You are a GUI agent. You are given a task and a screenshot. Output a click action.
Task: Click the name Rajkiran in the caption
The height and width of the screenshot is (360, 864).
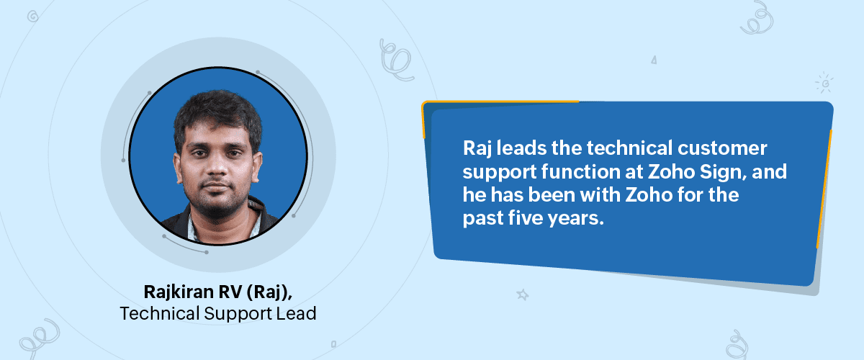179,292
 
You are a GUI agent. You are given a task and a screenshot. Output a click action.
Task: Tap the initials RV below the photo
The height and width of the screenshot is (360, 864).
230,292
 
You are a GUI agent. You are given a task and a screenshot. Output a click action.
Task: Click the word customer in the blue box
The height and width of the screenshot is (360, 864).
722,148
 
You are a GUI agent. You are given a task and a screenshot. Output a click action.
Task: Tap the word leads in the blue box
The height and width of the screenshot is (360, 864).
521,148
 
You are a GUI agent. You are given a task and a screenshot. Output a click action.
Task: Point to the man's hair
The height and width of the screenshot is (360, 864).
218,112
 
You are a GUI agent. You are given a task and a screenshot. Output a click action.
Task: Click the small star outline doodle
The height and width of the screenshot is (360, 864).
523,294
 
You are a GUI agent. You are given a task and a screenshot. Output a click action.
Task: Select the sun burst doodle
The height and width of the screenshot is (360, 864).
824,83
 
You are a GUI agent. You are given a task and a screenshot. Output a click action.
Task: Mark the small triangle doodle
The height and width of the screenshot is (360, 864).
654,60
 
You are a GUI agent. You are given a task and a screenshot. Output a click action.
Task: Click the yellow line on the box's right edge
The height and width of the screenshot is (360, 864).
824,189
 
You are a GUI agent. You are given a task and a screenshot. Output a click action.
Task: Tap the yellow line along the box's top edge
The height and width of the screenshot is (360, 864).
500,102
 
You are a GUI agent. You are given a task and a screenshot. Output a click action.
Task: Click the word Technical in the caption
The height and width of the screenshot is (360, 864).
160,313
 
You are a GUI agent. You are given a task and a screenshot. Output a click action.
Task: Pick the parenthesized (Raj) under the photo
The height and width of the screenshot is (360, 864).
269,292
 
